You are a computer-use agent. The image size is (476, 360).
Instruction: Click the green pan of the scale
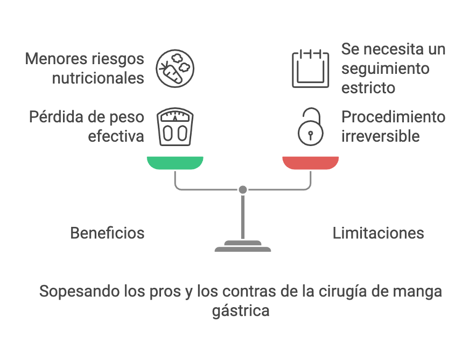(x=175, y=162)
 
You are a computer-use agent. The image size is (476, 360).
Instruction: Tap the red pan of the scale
(x=311, y=162)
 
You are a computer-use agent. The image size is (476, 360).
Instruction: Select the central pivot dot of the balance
(x=243, y=190)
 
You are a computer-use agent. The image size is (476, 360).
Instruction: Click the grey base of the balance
(x=243, y=247)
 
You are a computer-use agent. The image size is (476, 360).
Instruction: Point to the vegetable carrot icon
(x=175, y=69)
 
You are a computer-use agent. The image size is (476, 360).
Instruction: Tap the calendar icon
(x=310, y=69)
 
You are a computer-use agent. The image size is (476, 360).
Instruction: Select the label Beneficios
(x=107, y=233)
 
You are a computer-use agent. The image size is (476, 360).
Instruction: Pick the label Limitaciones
(x=378, y=233)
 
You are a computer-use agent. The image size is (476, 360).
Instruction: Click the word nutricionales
(x=98, y=78)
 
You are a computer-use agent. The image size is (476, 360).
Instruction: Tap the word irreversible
(x=380, y=136)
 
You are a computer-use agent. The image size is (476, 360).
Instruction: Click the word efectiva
(x=116, y=136)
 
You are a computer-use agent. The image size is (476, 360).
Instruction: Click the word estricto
(x=368, y=87)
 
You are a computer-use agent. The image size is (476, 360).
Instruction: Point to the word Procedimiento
(x=394, y=116)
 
